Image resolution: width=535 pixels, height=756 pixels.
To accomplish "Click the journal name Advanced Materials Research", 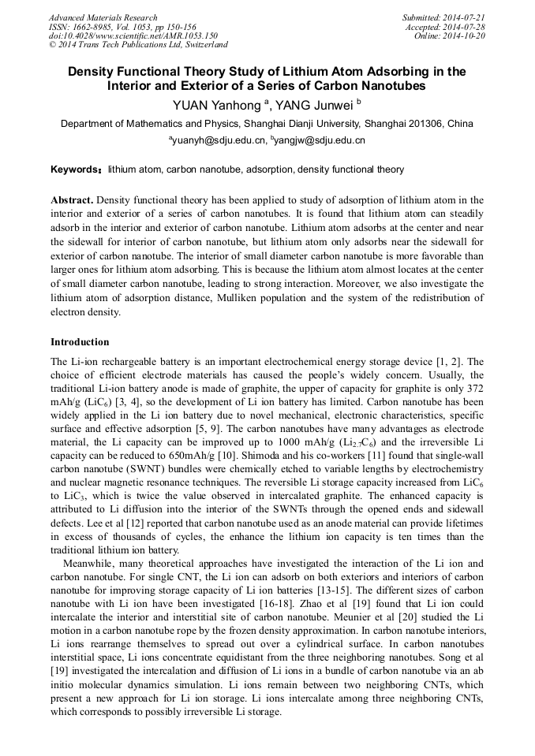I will (103, 17).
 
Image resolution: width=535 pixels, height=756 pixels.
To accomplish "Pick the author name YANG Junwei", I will (314, 106).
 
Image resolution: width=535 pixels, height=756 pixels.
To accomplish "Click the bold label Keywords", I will (75, 169).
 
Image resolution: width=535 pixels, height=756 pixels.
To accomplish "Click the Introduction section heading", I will (80, 342).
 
